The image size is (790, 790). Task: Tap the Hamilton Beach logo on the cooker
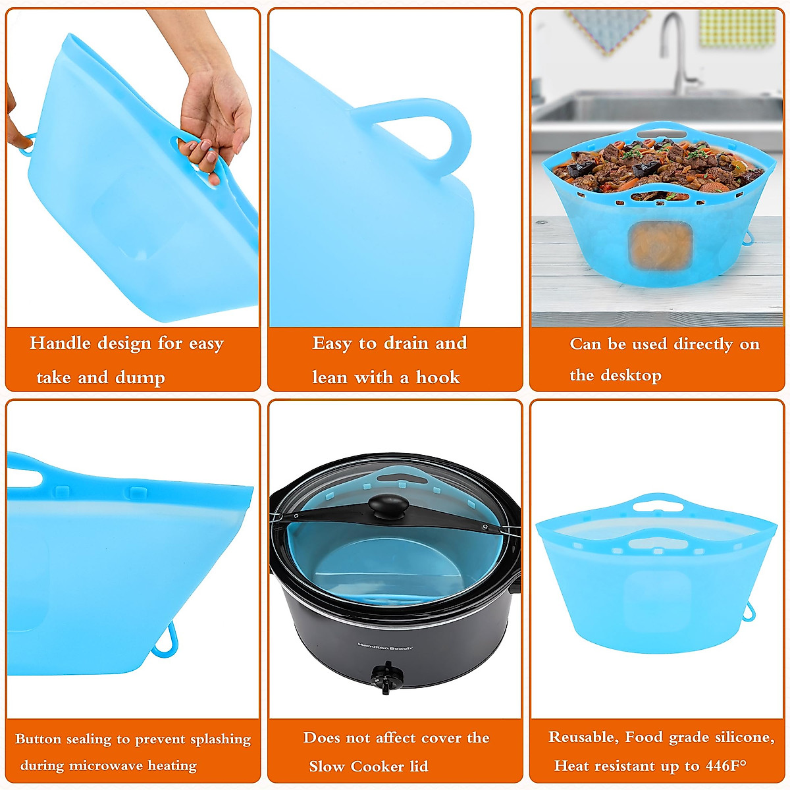pos(385,647)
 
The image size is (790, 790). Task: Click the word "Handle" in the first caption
pos(60,343)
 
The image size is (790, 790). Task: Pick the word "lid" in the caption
pos(419,766)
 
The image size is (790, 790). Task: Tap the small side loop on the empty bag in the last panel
pos(749,613)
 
